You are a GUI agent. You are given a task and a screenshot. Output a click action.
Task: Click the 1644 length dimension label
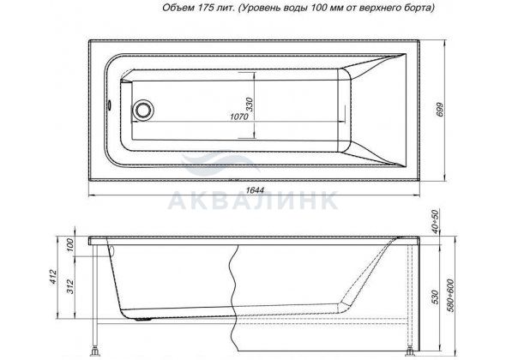[x=255, y=190]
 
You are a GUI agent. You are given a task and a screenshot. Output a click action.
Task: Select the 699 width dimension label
[x=440, y=110]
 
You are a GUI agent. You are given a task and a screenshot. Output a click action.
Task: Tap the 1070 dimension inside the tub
[x=239, y=116]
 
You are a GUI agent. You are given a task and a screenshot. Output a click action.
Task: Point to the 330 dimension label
[x=250, y=105]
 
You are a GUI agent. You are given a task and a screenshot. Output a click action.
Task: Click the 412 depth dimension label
[x=53, y=277]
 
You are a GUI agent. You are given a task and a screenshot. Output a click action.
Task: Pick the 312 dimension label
[x=69, y=286]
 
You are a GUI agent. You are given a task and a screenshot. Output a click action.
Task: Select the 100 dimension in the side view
[x=69, y=245]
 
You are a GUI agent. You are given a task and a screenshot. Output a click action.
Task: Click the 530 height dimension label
[x=436, y=297]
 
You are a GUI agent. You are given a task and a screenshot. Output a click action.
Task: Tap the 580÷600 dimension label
[x=451, y=296]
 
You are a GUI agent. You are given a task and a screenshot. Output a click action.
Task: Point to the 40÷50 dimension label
[x=436, y=222]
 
